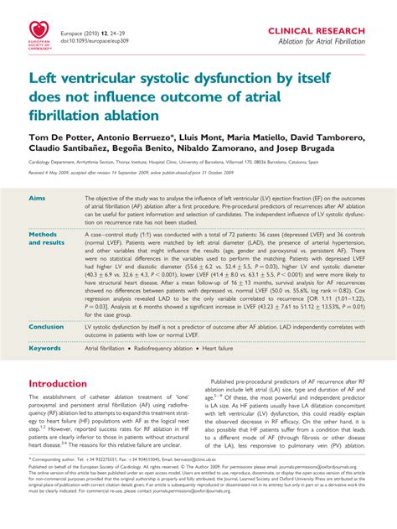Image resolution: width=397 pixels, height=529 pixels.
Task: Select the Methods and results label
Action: click(47, 239)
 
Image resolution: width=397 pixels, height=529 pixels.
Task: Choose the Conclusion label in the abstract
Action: click(47, 328)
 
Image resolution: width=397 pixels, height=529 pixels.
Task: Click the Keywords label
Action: click(45, 348)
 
